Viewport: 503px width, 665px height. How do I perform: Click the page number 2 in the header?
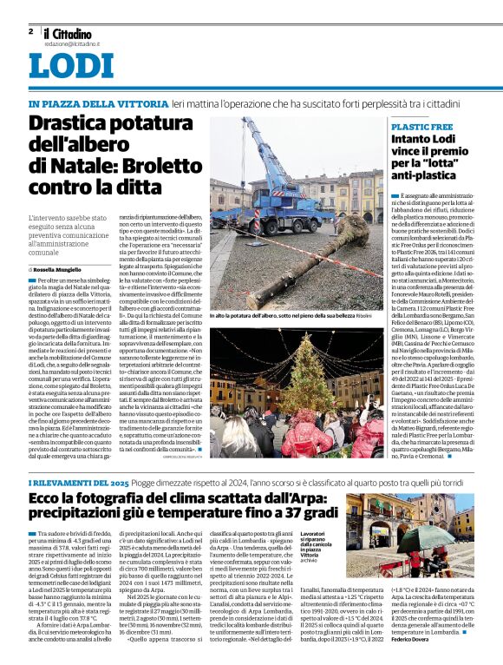click(30, 31)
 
